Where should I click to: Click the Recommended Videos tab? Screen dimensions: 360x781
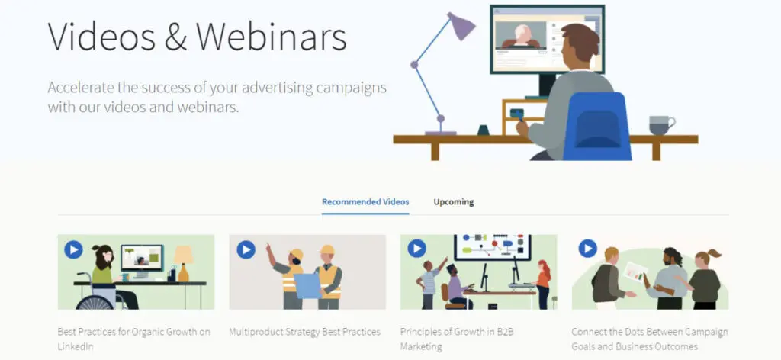(365, 202)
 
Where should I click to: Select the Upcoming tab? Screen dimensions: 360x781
(454, 202)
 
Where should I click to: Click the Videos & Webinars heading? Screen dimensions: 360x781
(197, 37)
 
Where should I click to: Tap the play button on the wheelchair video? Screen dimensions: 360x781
(73, 249)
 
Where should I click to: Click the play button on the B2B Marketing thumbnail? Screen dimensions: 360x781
(416, 249)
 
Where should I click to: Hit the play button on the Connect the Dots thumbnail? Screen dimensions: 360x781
(587, 249)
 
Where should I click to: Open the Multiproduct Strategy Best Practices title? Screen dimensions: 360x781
(304, 332)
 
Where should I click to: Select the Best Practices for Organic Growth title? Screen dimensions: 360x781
(133, 339)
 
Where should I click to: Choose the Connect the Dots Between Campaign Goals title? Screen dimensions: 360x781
(649, 339)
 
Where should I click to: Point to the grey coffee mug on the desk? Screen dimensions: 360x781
(660, 124)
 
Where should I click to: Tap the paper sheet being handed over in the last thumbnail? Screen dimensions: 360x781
(634, 272)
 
